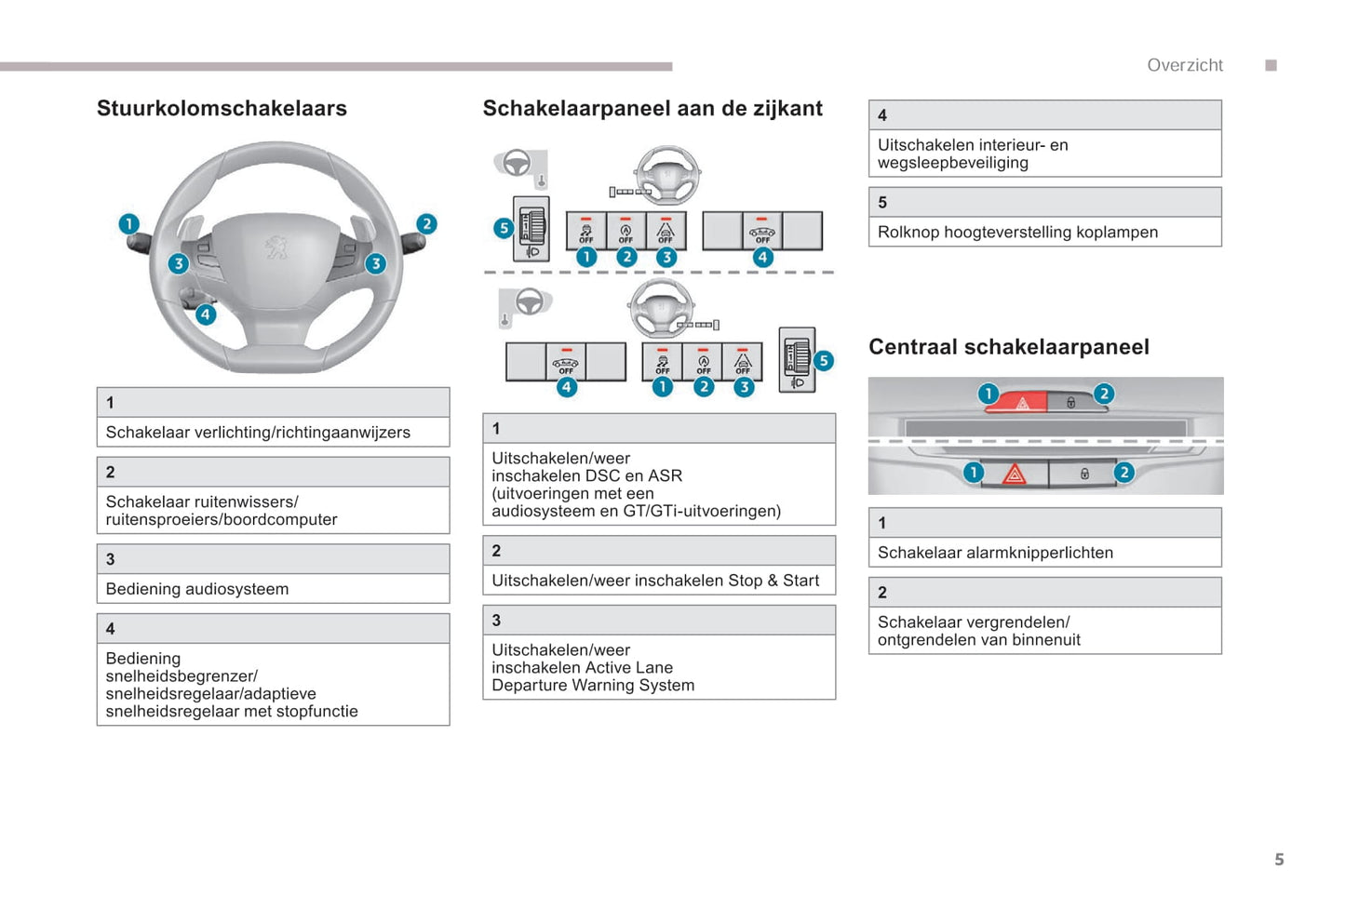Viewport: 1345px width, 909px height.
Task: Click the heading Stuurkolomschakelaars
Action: click(x=222, y=109)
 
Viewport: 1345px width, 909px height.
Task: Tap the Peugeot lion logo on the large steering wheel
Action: click(x=276, y=246)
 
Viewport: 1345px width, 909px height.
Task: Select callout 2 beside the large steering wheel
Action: click(x=426, y=223)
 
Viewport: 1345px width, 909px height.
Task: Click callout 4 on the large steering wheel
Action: click(x=206, y=314)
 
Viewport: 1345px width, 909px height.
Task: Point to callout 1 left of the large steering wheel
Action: click(x=128, y=223)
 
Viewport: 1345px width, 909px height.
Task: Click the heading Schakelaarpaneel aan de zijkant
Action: click(x=652, y=109)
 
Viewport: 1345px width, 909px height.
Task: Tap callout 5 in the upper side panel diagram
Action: click(x=504, y=228)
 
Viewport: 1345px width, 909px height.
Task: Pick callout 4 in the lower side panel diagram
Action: click(x=566, y=386)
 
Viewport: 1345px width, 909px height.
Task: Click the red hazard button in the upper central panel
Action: click(x=1021, y=403)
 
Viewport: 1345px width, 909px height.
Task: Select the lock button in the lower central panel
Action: click(x=1083, y=474)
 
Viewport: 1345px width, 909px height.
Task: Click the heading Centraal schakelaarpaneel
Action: click(x=1009, y=347)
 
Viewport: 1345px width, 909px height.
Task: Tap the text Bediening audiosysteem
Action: click(x=197, y=589)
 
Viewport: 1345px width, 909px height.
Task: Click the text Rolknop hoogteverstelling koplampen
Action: click(x=1017, y=233)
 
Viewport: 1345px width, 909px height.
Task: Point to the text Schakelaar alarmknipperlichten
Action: click(x=995, y=553)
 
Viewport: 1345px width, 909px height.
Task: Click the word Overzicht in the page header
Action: click(x=1185, y=65)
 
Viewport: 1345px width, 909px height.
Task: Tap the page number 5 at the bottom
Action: click(x=1279, y=860)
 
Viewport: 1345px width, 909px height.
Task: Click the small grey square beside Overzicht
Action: click(x=1271, y=65)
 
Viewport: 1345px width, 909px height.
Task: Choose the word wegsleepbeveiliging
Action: click(x=952, y=163)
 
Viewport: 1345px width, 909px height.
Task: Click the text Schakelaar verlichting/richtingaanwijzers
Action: click(x=258, y=433)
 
